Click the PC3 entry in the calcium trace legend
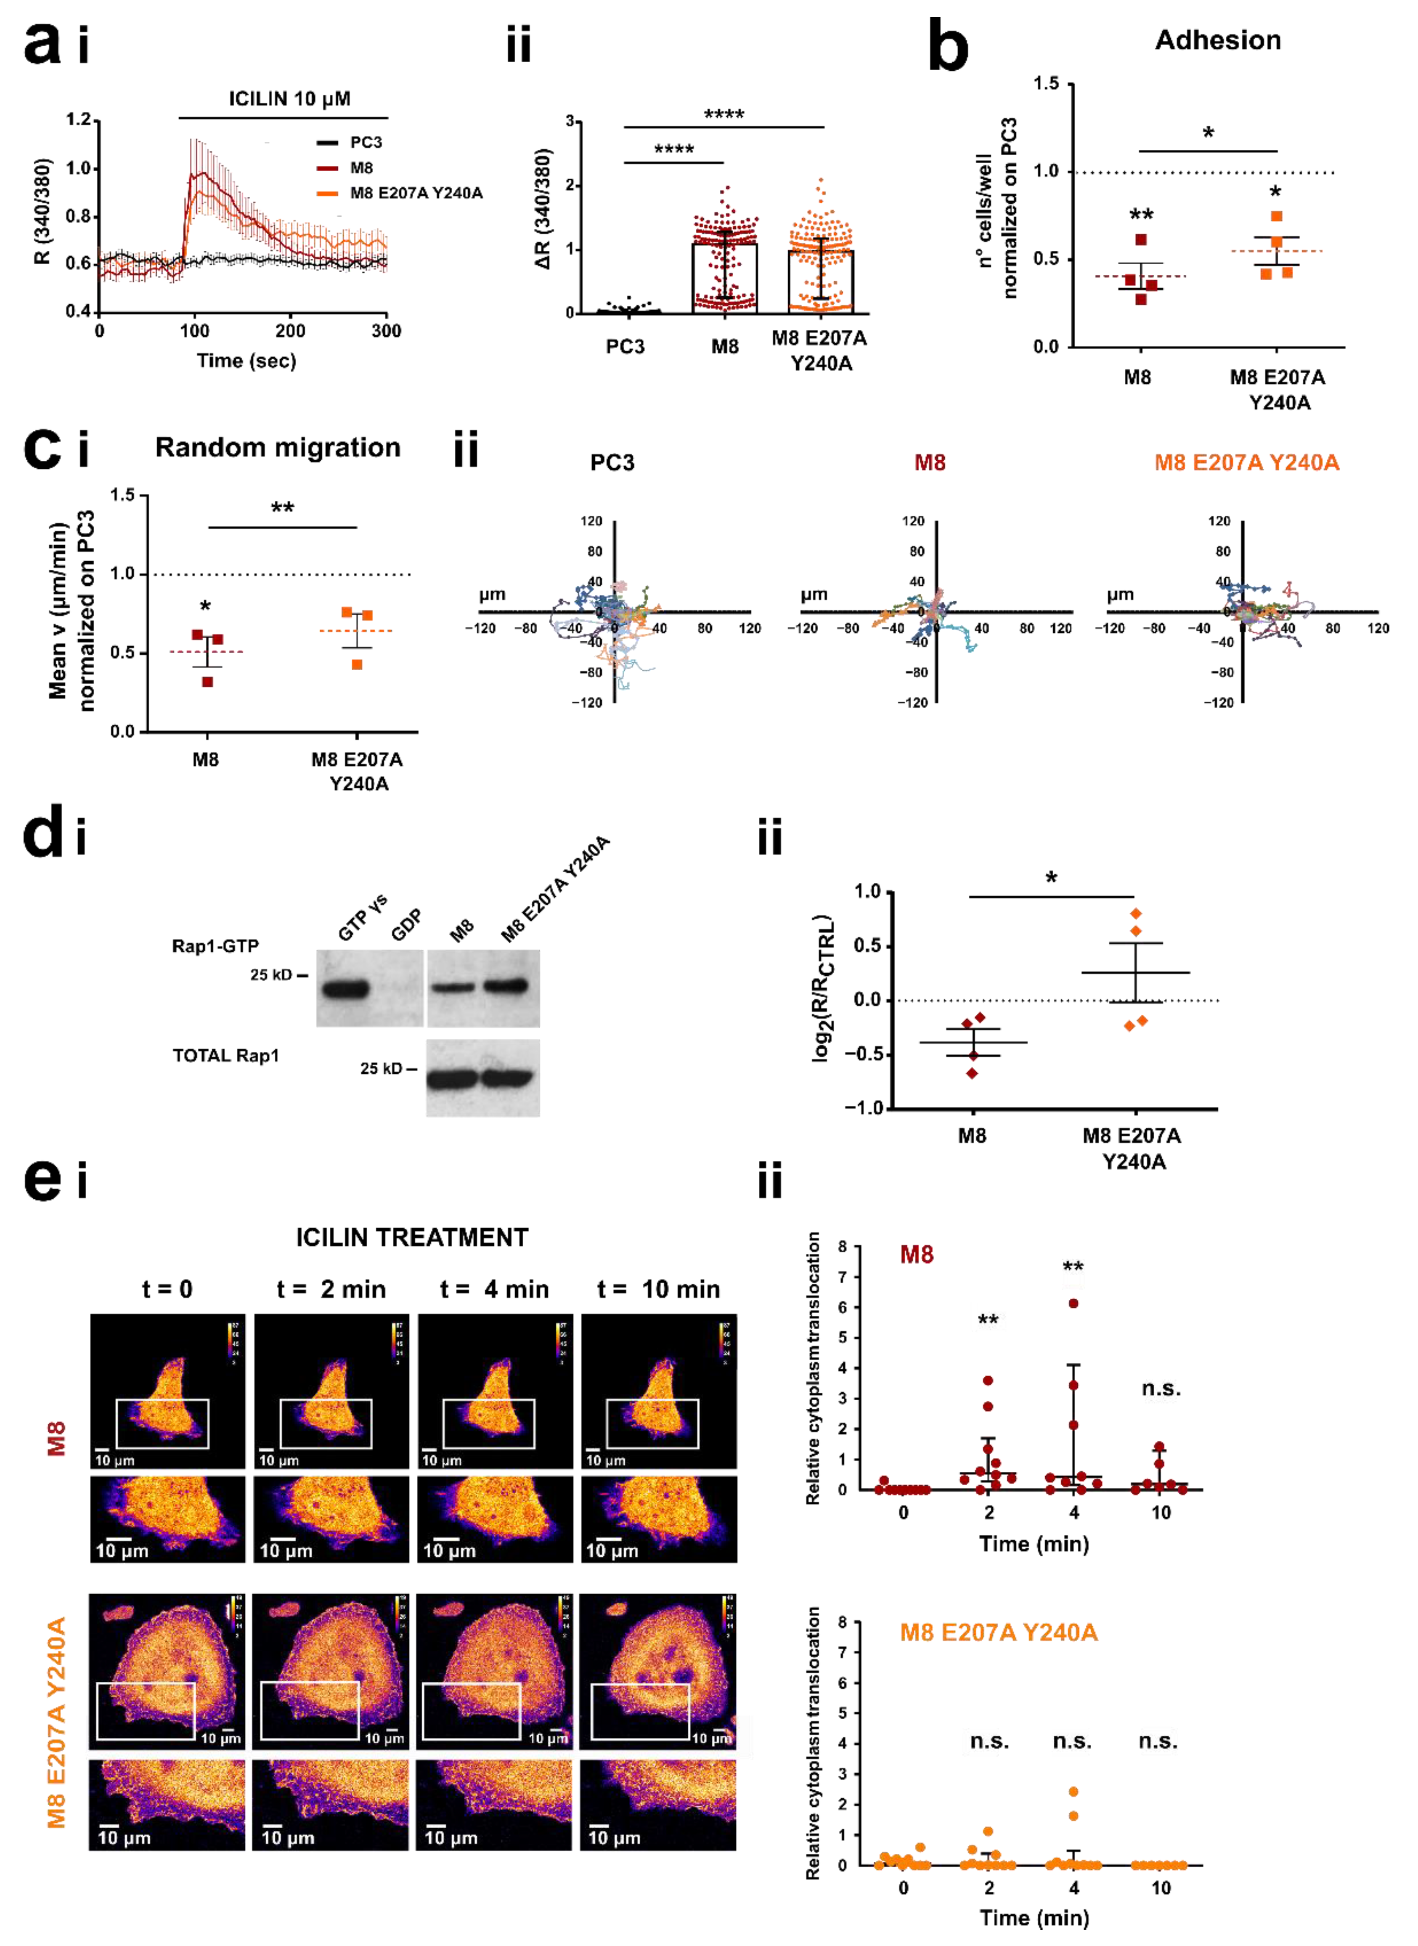[x=365, y=143]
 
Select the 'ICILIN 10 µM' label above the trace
[x=289, y=99]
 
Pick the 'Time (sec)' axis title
[x=246, y=361]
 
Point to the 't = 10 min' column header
[x=658, y=1289]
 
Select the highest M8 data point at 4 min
[x=1073, y=1303]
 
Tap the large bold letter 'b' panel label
[x=949, y=49]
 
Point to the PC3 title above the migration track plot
[x=612, y=463]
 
